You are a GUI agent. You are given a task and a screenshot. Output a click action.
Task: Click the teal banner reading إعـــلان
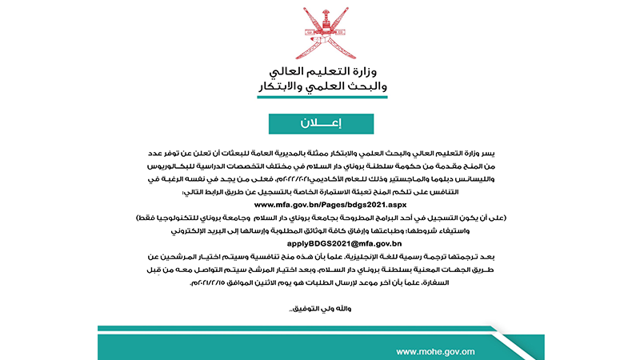[x=321, y=123]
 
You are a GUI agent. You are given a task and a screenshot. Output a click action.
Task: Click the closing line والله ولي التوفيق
[x=321, y=307]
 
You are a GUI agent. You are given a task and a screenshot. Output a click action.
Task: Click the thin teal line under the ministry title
[x=321, y=98]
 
